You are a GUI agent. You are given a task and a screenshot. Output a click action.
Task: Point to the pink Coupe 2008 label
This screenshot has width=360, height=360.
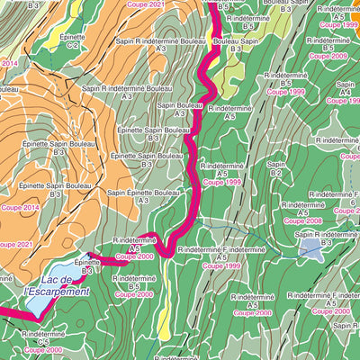pyautogui.click(x=302, y=220)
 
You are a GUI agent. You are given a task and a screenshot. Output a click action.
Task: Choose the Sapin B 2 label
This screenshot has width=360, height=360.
pyautogui.click(x=276, y=169)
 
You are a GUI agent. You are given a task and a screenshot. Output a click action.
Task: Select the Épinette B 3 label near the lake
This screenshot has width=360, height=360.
pyautogui.click(x=87, y=265)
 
